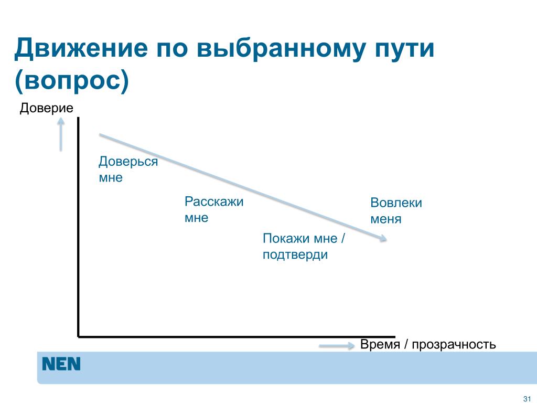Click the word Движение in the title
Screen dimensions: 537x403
(81, 48)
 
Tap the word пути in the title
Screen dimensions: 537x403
(404, 49)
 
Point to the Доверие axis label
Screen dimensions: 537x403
(46, 108)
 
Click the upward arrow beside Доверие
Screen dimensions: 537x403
(61, 134)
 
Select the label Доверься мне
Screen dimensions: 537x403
(128, 169)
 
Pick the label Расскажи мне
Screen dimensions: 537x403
(214, 209)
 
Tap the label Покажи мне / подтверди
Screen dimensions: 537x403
(304, 247)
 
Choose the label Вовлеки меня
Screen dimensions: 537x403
(396, 211)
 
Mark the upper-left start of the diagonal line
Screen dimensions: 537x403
(100, 135)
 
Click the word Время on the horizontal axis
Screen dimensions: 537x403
(380, 344)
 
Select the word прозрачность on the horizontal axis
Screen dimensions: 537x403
(454, 345)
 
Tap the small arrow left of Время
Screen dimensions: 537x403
(337, 346)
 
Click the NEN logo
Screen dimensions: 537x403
(61, 364)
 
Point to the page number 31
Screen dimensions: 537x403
(527, 399)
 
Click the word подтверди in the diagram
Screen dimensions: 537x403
(295, 255)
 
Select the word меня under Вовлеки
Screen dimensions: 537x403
(385, 219)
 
